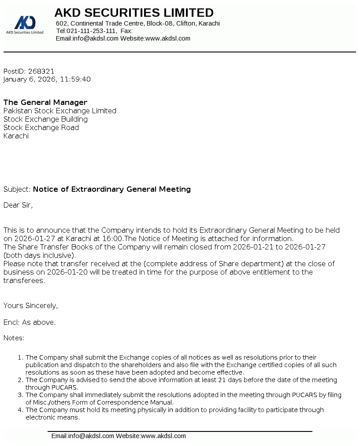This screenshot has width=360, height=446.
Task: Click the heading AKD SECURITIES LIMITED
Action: [x=134, y=12]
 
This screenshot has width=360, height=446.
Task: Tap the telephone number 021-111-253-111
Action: [x=91, y=31]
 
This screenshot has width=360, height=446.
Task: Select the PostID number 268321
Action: [x=41, y=71]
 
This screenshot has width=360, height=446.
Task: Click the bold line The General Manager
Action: [x=45, y=102]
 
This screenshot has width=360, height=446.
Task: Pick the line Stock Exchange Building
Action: [x=45, y=119]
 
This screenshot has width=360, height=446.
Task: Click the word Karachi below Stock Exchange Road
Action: [x=16, y=136]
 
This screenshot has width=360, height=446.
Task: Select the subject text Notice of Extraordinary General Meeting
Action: [x=112, y=189]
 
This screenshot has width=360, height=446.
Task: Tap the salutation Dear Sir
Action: [x=18, y=205]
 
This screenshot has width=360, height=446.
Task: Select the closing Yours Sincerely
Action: [x=30, y=305]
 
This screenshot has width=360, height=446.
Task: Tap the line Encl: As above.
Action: [x=30, y=322]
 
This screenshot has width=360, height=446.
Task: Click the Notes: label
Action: [x=14, y=338]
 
